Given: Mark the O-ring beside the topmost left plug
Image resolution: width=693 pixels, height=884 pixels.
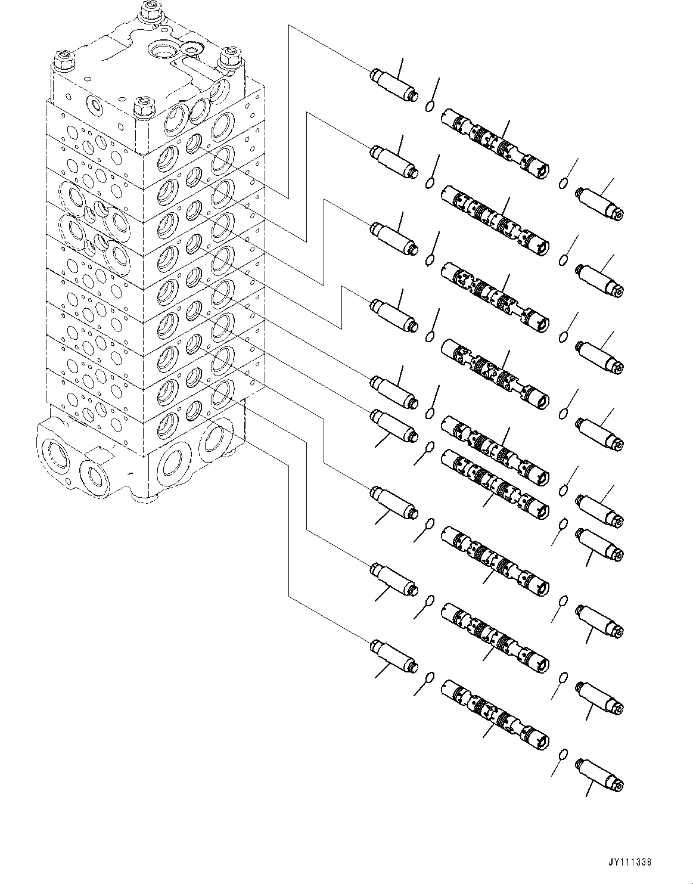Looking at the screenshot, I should tap(429, 106).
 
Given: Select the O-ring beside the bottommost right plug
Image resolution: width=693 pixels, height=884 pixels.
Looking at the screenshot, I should tap(563, 755).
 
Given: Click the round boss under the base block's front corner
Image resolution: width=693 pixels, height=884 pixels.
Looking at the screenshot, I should tap(144, 496).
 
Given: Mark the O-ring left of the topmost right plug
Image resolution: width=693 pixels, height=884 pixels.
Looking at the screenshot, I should tap(563, 184).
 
